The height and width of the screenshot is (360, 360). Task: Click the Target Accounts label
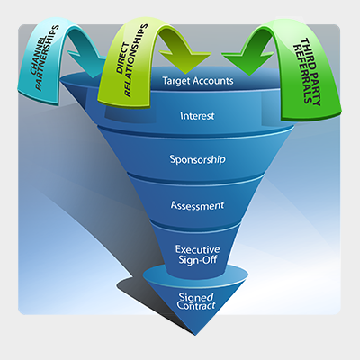coord(198,81)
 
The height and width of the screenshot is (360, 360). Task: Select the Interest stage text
coord(197,116)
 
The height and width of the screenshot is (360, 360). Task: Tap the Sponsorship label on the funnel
coord(197,160)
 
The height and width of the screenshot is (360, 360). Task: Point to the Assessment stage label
coord(197,204)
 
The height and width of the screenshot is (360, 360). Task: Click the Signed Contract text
coord(197,301)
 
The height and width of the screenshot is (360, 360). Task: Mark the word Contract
coord(197,307)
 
